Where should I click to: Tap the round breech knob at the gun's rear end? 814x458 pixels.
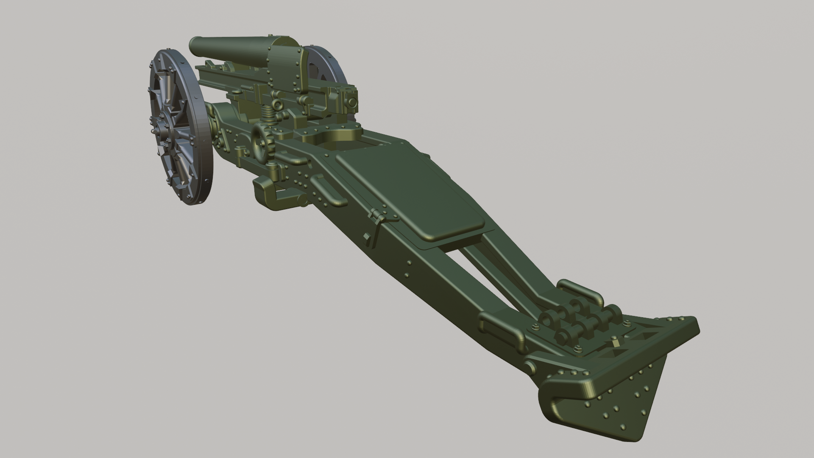351,102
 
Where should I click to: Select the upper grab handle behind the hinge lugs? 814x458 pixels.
581,290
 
